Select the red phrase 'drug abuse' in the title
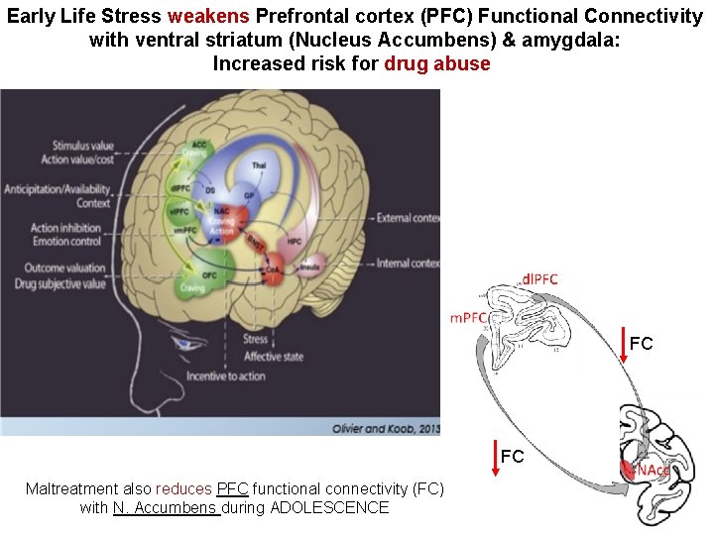(x=436, y=64)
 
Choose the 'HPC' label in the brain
(x=296, y=241)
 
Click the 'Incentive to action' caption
(x=252, y=375)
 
